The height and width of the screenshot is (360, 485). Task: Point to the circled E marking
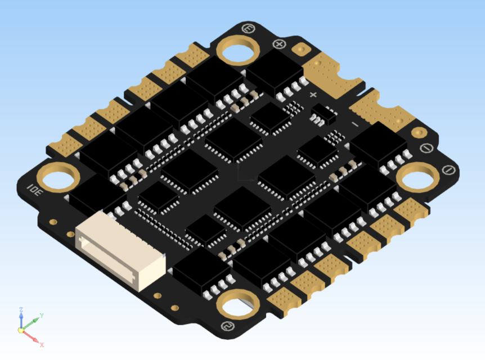(246, 28)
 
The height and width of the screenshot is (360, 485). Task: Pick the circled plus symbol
(279, 43)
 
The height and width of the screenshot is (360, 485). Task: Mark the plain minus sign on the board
(354, 123)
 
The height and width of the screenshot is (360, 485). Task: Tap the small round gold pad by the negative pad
(418, 133)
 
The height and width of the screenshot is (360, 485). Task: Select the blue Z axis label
(20, 310)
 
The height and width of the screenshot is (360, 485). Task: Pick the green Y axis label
(42, 316)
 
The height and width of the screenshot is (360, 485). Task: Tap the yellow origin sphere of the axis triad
(21, 331)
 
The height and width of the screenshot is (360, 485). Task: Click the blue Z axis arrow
(21, 321)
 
